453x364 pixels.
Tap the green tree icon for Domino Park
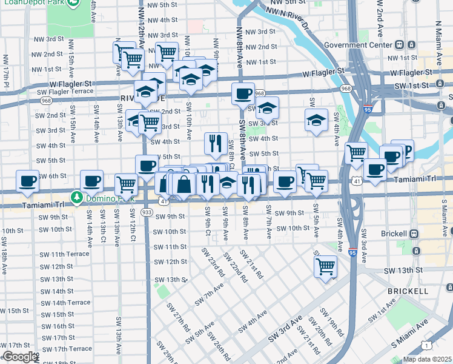point(76,197)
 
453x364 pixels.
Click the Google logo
point(19,357)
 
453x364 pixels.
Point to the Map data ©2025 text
point(426,359)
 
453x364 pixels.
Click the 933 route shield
point(146,212)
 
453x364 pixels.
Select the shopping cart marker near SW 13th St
point(326,266)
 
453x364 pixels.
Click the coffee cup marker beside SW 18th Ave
point(28,180)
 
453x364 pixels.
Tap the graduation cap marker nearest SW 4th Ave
point(316,121)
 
